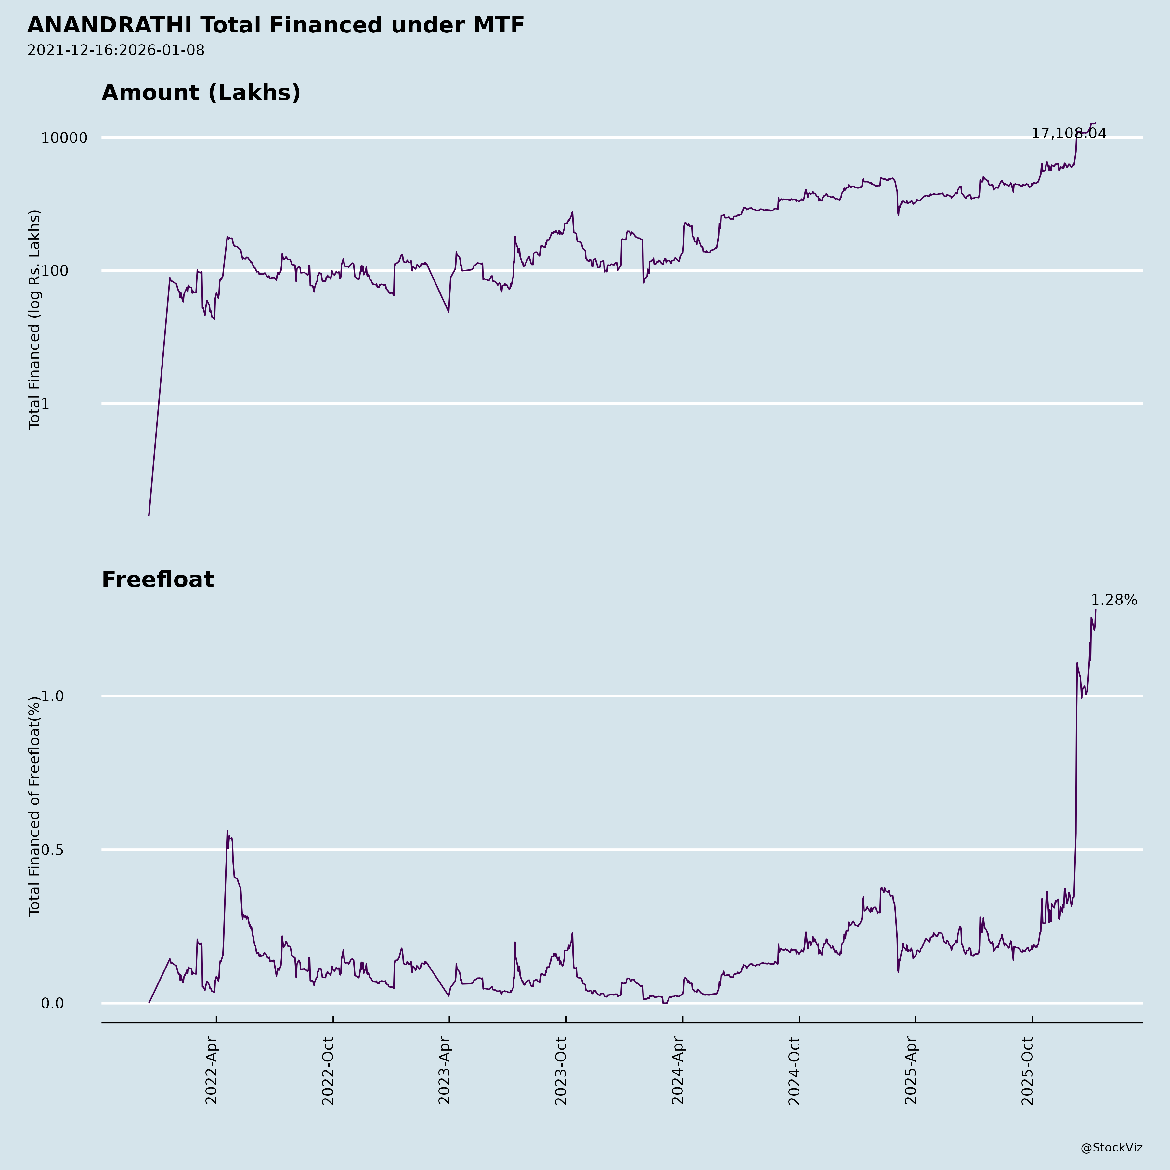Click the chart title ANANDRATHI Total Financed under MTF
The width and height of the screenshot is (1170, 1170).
276,25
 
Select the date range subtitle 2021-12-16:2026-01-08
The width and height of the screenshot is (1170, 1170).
116,50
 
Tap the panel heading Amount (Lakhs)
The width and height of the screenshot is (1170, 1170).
201,93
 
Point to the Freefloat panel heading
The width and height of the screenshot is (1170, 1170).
157,579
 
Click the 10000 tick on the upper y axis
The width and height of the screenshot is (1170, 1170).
64,138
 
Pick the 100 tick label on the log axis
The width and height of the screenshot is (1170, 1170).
76,271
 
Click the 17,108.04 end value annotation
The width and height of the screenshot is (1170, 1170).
1069,134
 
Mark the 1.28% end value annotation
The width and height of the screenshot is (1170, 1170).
1114,600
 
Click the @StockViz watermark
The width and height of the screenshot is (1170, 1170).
1112,1148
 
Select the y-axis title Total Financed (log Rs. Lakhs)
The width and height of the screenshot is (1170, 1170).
34,319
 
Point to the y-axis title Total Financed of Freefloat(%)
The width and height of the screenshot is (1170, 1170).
34,805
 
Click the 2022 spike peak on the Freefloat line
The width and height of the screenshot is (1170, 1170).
227,831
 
